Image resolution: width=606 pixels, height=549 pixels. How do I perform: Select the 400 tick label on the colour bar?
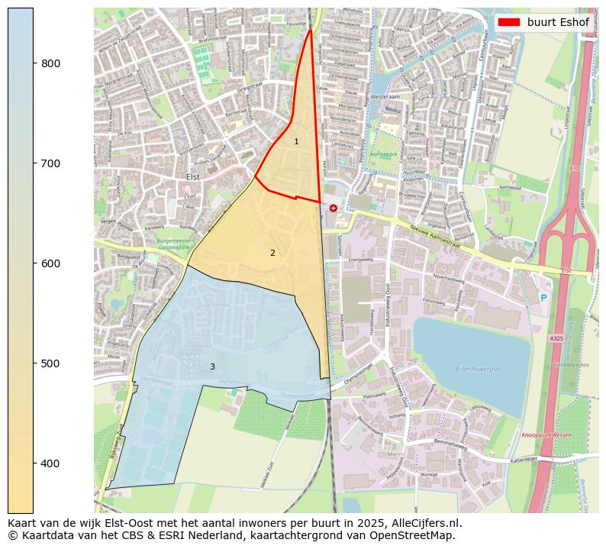pos(51,463)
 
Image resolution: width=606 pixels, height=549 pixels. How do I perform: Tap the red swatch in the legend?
pos(509,22)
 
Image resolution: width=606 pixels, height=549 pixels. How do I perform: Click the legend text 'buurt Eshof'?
pos(557,22)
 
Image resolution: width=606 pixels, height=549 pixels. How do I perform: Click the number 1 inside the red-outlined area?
pos(296,141)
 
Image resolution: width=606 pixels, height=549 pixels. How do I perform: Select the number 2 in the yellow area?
pos(272,253)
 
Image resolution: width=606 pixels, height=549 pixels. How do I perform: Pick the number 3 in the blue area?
pos(212,367)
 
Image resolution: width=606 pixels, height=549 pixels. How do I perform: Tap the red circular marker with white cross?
pos(334,208)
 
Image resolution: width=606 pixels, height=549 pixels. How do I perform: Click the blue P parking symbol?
pos(543,298)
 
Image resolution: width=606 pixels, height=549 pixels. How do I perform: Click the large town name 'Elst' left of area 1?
pos(192,176)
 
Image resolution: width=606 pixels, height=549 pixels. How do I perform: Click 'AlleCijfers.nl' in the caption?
pos(423,523)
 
